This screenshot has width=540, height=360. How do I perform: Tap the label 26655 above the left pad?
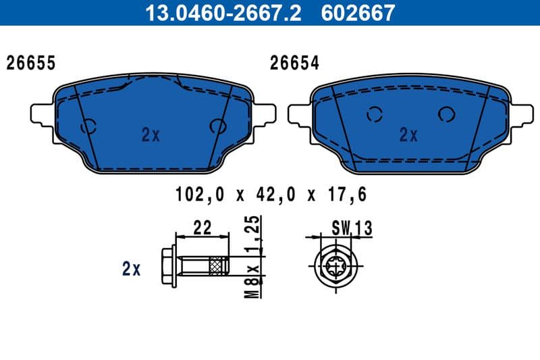pyautogui.click(x=30, y=63)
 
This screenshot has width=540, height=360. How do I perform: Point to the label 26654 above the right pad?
pyautogui.click(x=294, y=63)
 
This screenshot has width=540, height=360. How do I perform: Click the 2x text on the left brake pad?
pyautogui.click(x=151, y=135)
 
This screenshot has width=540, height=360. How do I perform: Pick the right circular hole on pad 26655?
pyautogui.click(x=218, y=126)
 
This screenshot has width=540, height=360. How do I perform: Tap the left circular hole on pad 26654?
pyautogui.click(x=375, y=115)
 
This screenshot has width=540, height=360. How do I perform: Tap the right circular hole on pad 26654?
pyautogui.click(x=446, y=114)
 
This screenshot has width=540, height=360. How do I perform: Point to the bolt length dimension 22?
pyautogui.click(x=202, y=228)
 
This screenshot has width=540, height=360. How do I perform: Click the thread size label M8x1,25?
pyautogui.click(x=252, y=257)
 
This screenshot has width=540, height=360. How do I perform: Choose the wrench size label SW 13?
pyautogui.click(x=351, y=228)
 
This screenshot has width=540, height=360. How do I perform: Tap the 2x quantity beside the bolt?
pyautogui.click(x=131, y=269)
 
